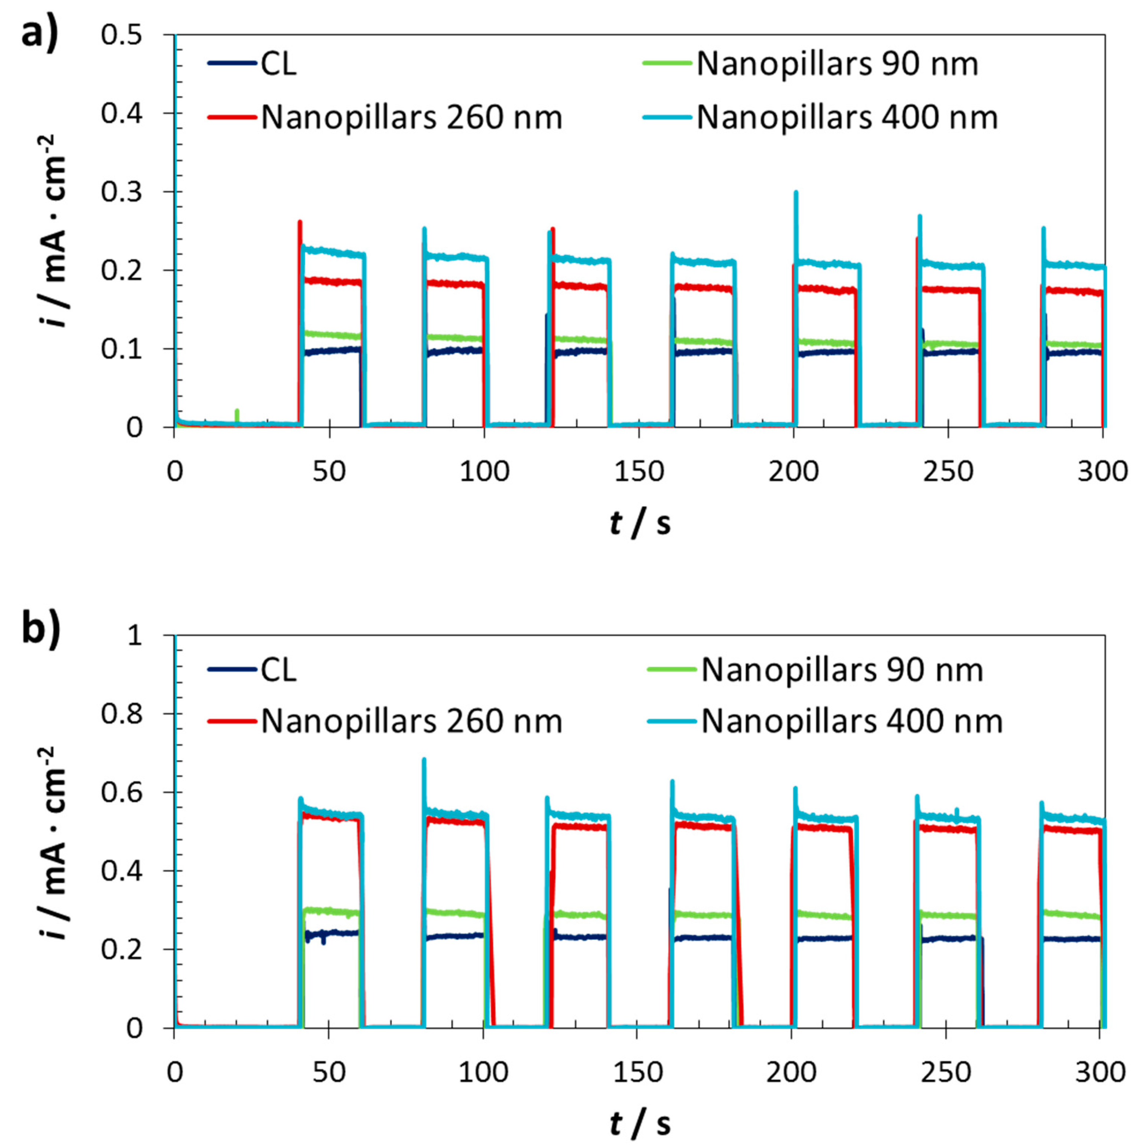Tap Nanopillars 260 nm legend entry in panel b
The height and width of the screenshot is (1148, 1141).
coord(411,721)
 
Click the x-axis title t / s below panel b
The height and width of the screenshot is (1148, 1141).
coord(640,1123)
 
